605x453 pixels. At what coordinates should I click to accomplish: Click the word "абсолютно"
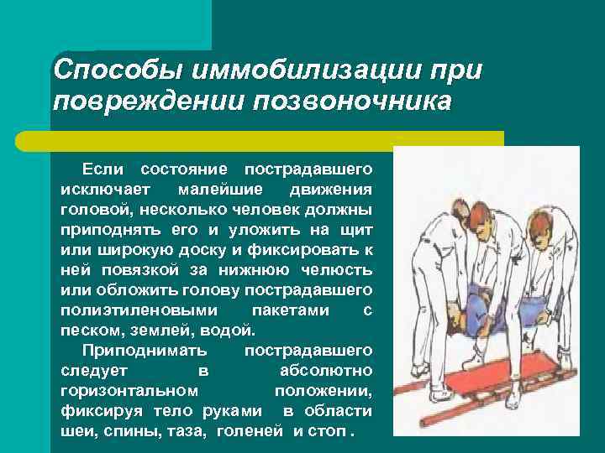(x=324, y=370)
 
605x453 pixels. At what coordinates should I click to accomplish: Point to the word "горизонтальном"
(x=129, y=390)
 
